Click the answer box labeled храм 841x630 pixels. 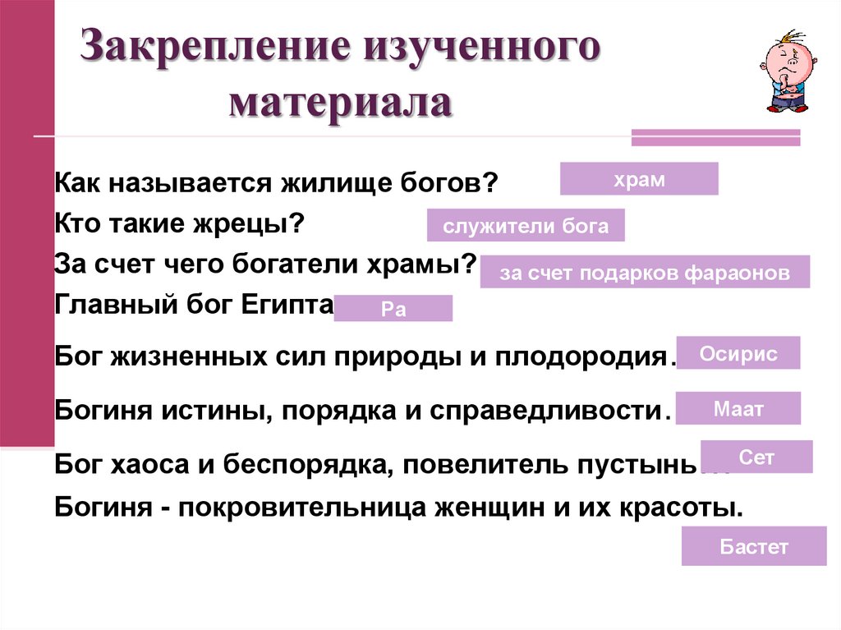click(639, 179)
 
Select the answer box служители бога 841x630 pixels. click(526, 226)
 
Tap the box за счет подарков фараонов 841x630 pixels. click(645, 272)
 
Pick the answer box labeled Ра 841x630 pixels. click(393, 309)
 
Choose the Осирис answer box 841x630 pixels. click(738, 353)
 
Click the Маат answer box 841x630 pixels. click(738, 409)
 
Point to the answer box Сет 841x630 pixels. click(756, 457)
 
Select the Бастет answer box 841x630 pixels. click(753, 546)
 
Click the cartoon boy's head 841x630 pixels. click(783, 59)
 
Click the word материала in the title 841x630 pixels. click(340, 104)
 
